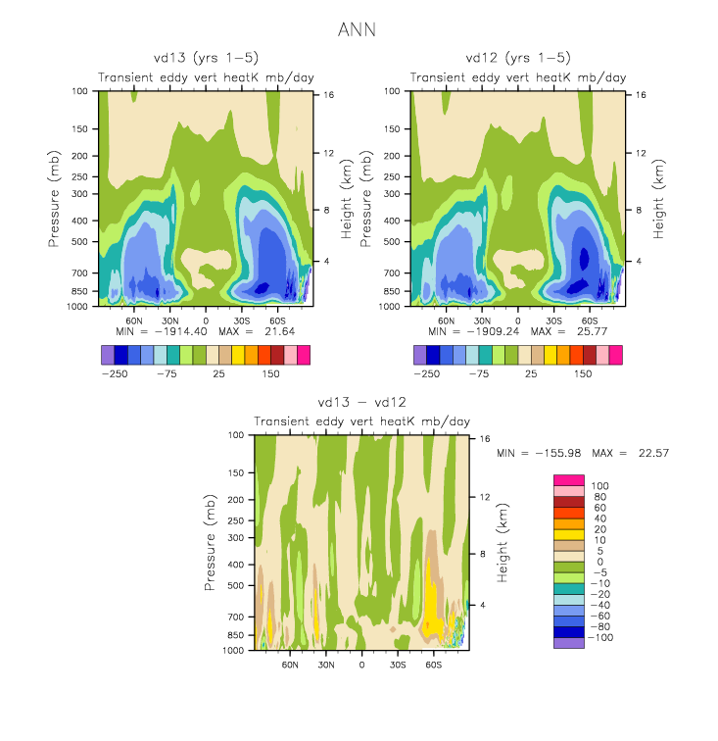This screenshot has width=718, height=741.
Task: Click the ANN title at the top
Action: click(358, 30)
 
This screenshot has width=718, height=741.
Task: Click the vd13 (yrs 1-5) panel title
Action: click(205, 58)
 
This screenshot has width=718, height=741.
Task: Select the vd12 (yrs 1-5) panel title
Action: click(518, 58)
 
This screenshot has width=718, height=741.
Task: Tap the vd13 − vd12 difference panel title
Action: click(361, 402)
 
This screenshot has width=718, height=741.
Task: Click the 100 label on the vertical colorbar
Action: click(598, 486)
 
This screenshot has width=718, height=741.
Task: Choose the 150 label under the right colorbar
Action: click(584, 373)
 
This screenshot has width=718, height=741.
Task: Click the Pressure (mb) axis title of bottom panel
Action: click(211, 541)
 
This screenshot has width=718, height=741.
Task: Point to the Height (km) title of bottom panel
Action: click(503, 541)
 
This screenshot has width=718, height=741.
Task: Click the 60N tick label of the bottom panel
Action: click(290, 664)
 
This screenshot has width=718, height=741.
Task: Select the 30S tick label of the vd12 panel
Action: click(553, 321)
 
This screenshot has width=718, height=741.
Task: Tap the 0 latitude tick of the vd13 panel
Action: click(206, 321)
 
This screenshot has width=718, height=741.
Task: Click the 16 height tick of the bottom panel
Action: click(485, 439)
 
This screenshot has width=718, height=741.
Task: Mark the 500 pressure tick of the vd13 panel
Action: click(81, 241)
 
